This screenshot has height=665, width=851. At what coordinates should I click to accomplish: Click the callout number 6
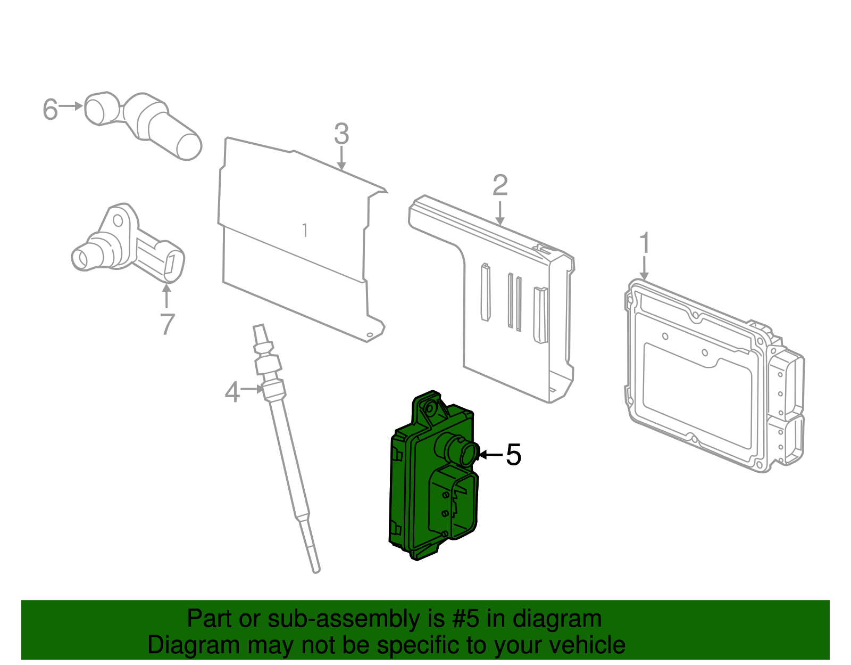[x=51, y=109]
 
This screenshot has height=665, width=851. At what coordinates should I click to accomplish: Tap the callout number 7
[x=168, y=324]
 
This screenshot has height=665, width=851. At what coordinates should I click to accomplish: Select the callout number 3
[x=341, y=134]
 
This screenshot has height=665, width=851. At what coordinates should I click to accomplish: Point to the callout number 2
[x=500, y=185]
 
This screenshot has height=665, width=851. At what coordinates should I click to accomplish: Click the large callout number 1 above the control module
[x=645, y=243]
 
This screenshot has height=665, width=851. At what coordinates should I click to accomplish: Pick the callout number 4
[x=232, y=392]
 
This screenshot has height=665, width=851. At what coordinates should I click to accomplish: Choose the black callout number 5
[x=513, y=455]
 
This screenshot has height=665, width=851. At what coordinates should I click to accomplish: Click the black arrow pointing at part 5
[x=491, y=455]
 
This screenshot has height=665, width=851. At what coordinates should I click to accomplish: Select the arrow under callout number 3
[x=341, y=158]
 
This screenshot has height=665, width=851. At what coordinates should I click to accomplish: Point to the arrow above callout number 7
[x=167, y=296]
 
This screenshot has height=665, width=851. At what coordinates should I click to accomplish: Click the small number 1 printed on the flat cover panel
[x=305, y=231]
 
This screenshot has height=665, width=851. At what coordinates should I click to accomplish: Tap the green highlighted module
[x=433, y=475]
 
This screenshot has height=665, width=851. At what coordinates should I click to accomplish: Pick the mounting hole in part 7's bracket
[x=118, y=220]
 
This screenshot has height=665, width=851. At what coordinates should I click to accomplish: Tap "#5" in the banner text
[x=465, y=619]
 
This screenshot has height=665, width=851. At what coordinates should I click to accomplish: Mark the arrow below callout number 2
[x=500, y=213]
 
